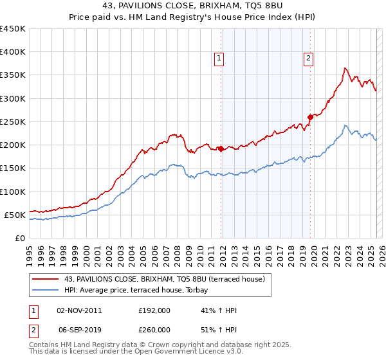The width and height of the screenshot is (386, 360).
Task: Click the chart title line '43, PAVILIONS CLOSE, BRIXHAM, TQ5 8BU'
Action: pyautogui.click(x=192, y=6)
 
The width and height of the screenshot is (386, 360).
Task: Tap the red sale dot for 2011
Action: pyautogui.click(x=221, y=148)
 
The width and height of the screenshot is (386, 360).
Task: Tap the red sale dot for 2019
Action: pyautogui.click(x=310, y=117)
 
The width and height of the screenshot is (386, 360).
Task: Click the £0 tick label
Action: pyautogui.click(x=19, y=238)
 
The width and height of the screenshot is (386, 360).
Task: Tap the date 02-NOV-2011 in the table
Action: pyautogui.click(x=79, y=310)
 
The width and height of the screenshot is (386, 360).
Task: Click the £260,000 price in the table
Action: pyautogui.click(x=154, y=330)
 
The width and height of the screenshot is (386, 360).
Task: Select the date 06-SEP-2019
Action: pyautogui.click(x=79, y=330)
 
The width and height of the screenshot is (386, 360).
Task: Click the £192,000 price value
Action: pyautogui.click(x=154, y=310)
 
